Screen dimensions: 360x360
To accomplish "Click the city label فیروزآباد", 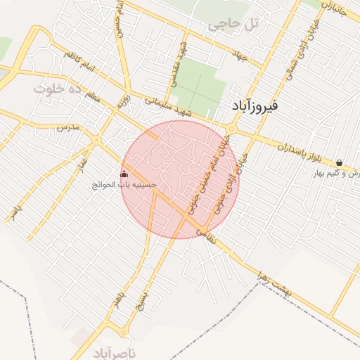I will point(254,106).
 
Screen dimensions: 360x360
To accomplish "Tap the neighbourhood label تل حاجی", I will point(233,25).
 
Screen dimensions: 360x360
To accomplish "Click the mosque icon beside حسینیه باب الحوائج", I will point(124,174).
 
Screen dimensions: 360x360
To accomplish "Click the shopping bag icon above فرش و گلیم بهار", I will point(339,162).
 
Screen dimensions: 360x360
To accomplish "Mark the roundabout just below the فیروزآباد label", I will point(231,129).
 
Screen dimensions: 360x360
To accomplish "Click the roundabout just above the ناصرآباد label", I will point(124,332).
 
